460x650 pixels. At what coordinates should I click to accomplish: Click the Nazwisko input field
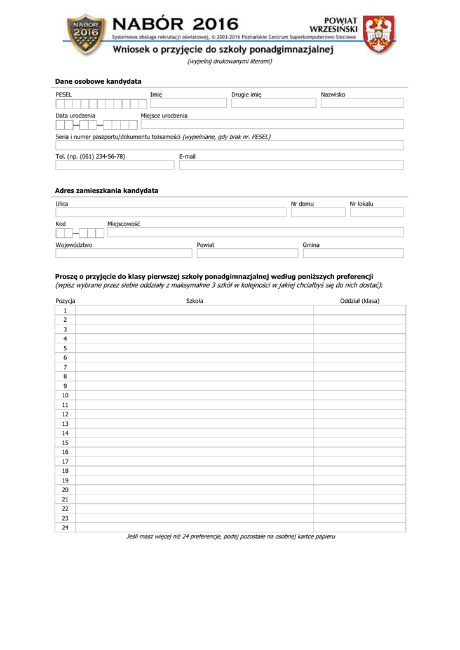click(362, 103)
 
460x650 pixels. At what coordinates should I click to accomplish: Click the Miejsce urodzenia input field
click(272, 124)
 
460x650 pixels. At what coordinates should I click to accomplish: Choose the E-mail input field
click(291, 165)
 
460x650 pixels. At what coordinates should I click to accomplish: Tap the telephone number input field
click(114, 165)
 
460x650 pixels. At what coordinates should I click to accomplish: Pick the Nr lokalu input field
click(376, 213)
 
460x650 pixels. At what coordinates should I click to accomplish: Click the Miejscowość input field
click(255, 232)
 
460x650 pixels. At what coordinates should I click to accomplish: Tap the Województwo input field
click(123, 253)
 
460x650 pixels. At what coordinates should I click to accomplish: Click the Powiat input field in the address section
click(247, 253)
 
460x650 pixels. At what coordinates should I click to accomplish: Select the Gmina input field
click(353, 253)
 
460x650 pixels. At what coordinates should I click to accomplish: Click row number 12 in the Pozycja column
click(65, 414)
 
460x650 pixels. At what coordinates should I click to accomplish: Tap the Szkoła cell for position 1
click(194, 310)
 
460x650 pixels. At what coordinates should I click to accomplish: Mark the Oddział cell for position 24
click(360, 527)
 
